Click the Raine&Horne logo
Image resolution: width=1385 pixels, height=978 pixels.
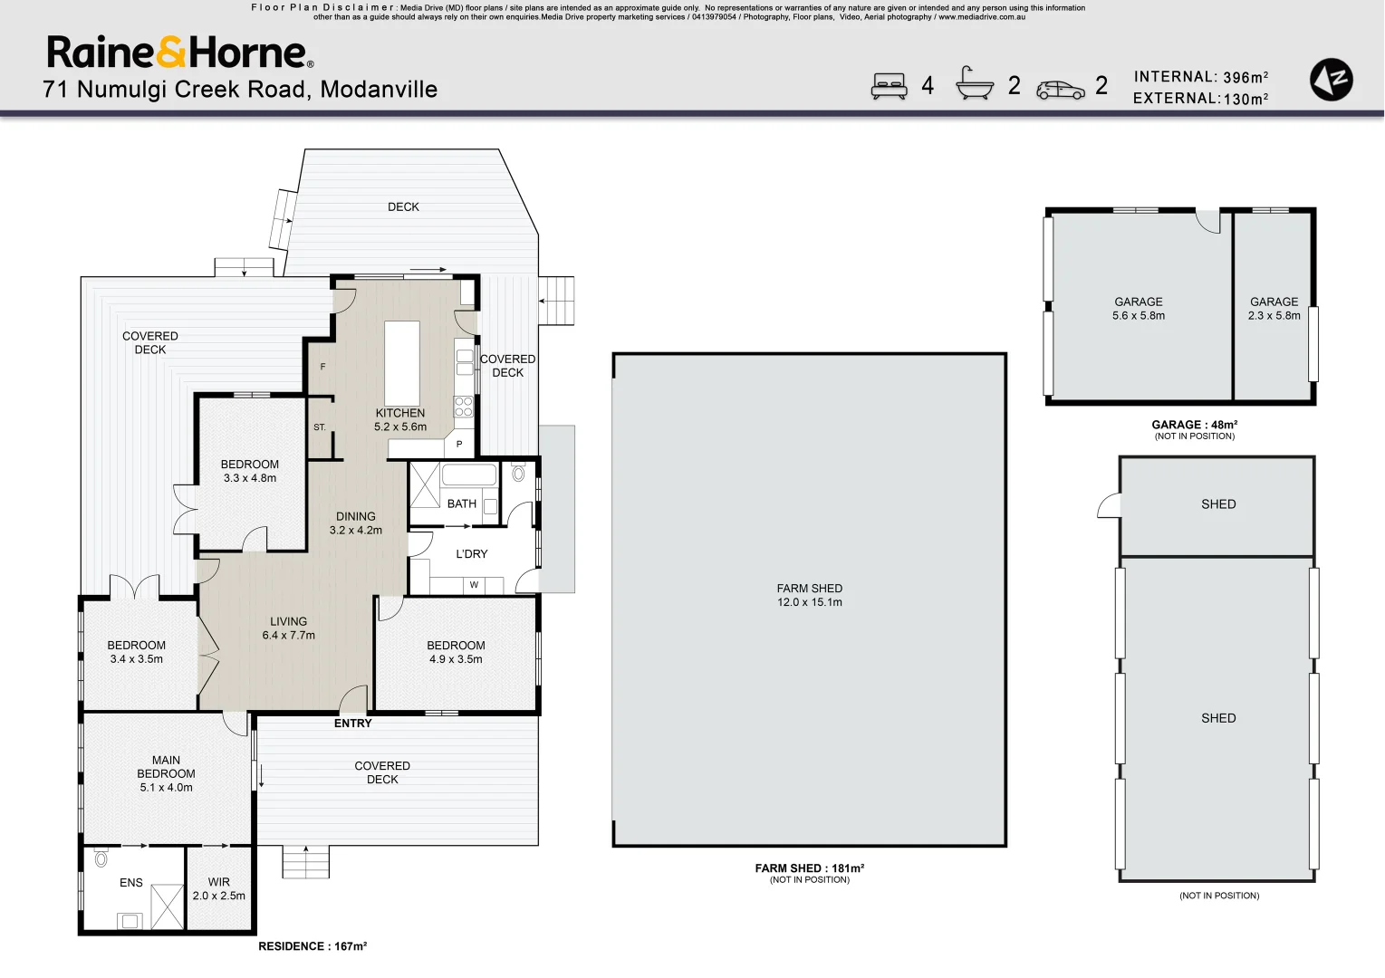pyautogui.click(x=180, y=52)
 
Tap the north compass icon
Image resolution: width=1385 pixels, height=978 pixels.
pyautogui.click(x=1331, y=79)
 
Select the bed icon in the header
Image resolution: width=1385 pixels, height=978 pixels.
pyautogui.click(x=889, y=86)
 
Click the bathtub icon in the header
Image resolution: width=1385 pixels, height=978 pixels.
pyautogui.click(x=974, y=82)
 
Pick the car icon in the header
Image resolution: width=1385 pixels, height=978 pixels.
pyautogui.click(x=1061, y=91)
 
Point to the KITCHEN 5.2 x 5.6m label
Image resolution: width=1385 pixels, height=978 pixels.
pyautogui.click(x=400, y=420)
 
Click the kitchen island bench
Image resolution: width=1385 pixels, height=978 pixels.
pyautogui.click(x=402, y=363)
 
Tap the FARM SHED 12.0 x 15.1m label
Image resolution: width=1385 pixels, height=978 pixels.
pyautogui.click(x=810, y=595)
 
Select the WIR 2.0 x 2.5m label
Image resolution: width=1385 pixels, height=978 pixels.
pyautogui.click(x=219, y=888)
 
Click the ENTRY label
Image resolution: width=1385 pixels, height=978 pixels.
pyautogui.click(x=353, y=724)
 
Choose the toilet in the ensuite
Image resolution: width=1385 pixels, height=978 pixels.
pyautogui.click(x=101, y=858)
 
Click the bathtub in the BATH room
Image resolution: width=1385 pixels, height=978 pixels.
pyautogui.click(x=468, y=475)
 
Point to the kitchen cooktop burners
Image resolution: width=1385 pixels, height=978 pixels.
pyautogui.click(x=464, y=407)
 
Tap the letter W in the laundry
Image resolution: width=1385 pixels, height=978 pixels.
pyautogui.click(x=475, y=585)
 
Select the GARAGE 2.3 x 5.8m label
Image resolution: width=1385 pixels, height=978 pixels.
pyautogui.click(x=1274, y=309)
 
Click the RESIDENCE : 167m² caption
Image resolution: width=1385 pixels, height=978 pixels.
pyautogui.click(x=313, y=946)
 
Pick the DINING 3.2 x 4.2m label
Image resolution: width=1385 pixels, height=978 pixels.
pyautogui.click(x=355, y=523)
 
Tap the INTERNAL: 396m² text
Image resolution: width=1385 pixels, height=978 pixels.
pyautogui.click(x=1201, y=77)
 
